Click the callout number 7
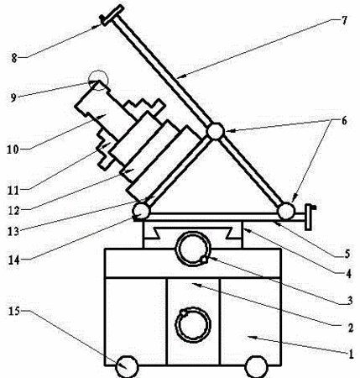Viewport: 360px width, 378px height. pyautogui.click(x=344, y=20)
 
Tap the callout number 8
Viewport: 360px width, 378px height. pyautogui.click(x=14, y=58)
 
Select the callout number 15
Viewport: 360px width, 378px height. pyautogui.click(x=14, y=311)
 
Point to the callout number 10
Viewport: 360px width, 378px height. pyautogui.click(x=13, y=150)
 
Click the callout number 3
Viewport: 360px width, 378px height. pyautogui.click(x=349, y=301)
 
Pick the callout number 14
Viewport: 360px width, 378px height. pyautogui.click(x=13, y=260)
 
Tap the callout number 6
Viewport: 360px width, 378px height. pyautogui.click(x=344, y=121)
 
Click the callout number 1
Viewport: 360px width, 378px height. pyautogui.click(x=351, y=354)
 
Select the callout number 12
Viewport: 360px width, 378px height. pyautogui.click(x=13, y=211)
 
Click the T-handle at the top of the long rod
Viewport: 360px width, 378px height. pyautogui.click(x=112, y=15)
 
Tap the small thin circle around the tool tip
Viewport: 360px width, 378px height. pyautogui.click(x=98, y=81)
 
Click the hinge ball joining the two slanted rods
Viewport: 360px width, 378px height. pyautogui.click(x=216, y=131)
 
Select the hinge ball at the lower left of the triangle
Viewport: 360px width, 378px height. pyautogui.click(x=141, y=211)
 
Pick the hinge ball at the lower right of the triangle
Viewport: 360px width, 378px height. pyautogui.click(x=286, y=211)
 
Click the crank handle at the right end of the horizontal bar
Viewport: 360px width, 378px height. pyautogui.click(x=310, y=217)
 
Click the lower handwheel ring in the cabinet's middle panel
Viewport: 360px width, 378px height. pyautogui.click(x=176, y=325)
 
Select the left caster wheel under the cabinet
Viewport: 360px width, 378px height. pyautogui.click(x=127, y=366)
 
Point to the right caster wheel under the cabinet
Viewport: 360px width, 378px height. pyautogui.click(x=256, y=366)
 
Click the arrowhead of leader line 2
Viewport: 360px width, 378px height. pyautogui.click(x=195, y=284)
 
